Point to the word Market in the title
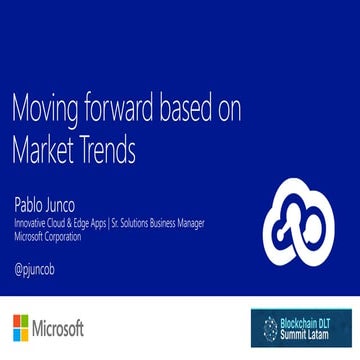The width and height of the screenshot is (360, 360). [x=45, y=150]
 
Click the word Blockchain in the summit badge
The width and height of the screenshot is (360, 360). [x=301, y=322]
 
